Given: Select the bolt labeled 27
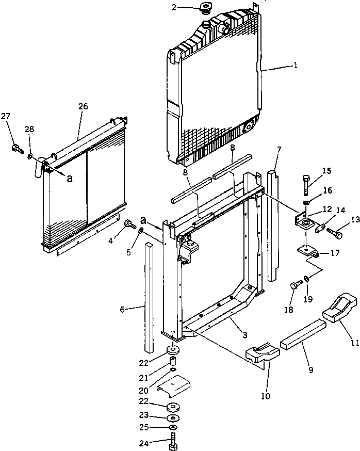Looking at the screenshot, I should [17, 149].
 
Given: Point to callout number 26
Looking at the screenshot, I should [83, 107].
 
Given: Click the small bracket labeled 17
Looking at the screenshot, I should [309, 253].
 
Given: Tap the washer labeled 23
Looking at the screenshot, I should [173, 416].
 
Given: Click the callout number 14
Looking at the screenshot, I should [339, 210].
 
